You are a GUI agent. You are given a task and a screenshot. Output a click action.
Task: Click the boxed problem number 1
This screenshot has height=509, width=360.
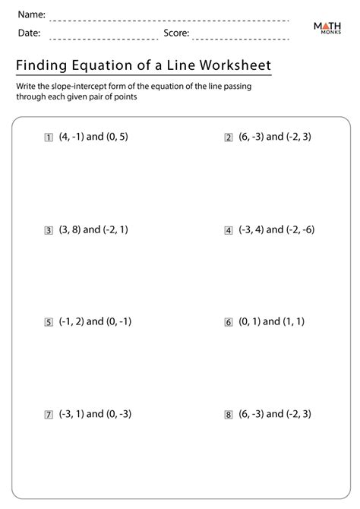click(x=49, y=138)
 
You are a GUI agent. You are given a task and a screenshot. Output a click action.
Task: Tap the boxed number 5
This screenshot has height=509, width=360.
click(x=49, y=322)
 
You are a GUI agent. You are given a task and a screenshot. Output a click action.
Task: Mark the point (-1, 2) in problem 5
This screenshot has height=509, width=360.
click(x=71, y=321)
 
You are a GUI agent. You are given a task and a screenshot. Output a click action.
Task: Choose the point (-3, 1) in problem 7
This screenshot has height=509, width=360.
click(x=71, y=414)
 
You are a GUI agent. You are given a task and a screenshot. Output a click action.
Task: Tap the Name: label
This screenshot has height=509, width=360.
click(x=32, y=14)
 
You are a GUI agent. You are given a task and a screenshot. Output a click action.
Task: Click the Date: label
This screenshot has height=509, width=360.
click(x=29, y=33)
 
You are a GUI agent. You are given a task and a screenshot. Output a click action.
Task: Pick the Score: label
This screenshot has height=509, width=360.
click(x=176, y=33)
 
